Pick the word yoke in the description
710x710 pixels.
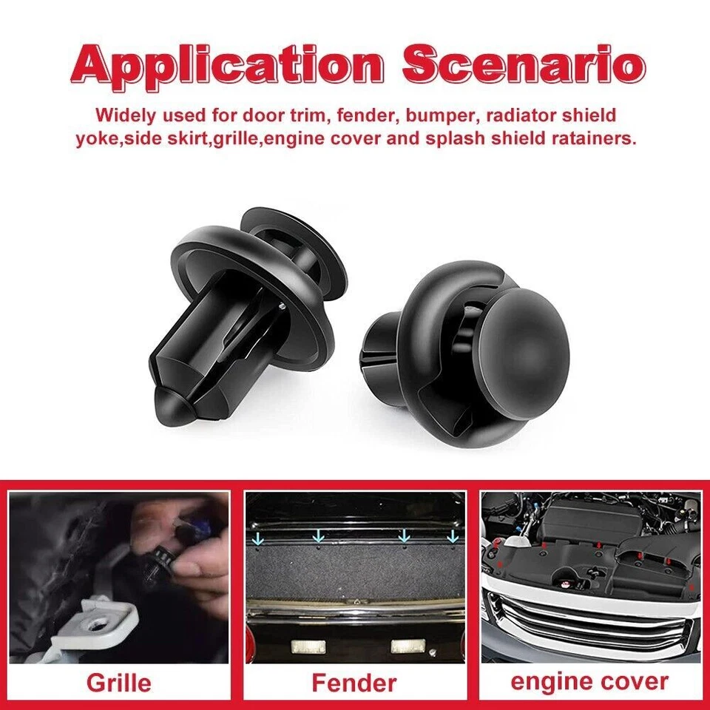(96, 139)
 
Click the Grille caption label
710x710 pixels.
(118, 682)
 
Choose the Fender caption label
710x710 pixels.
(354, 682)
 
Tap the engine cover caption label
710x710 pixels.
(589, 681)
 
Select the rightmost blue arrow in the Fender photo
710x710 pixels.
(452, 534)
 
